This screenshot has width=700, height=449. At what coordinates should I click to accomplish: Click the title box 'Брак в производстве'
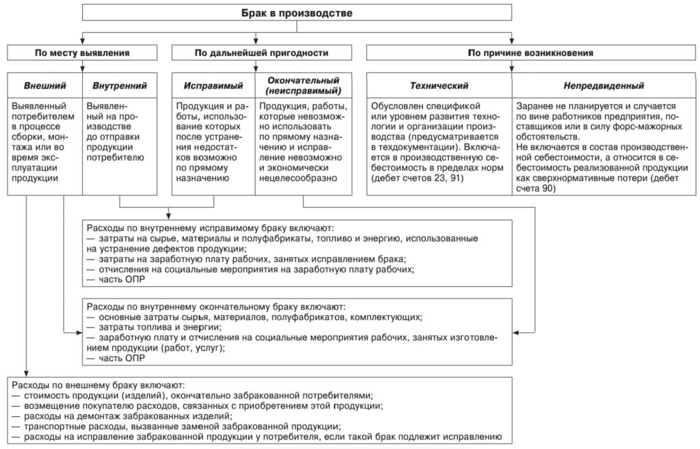click(297, 12)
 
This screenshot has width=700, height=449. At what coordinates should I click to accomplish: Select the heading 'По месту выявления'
click(82, 53)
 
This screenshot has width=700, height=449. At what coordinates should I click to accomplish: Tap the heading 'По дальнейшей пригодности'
click(261, 53)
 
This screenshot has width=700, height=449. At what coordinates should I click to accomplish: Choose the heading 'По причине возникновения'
click(530, 53)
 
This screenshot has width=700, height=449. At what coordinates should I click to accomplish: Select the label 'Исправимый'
click(213, 86)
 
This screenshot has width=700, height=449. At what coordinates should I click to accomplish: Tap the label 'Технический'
click(439, 86)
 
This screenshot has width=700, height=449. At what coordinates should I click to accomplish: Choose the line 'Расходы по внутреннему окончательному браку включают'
click(215, 308)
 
